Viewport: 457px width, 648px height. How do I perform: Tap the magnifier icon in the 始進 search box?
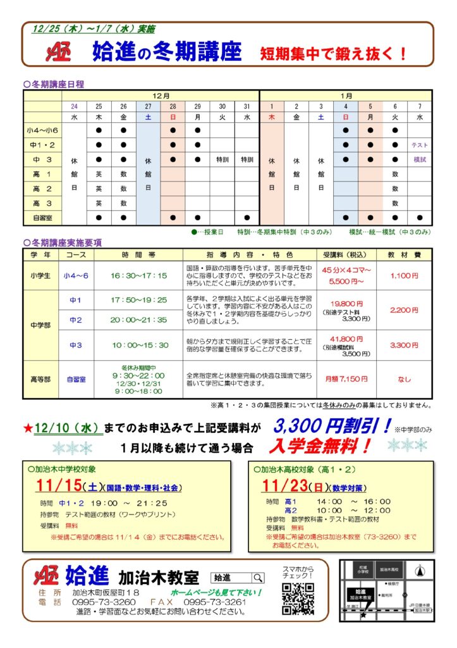click(258, 578)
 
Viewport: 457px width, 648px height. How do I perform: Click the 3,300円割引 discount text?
click(332, 427)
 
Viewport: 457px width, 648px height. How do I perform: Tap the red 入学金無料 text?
click(319, 447)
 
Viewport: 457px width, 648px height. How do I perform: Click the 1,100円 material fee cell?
click(404, 275)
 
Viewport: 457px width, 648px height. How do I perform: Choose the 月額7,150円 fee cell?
click(345, 378)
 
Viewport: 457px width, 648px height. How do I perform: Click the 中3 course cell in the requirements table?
click(76, 345)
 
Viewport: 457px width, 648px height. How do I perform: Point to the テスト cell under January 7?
click(420, 145)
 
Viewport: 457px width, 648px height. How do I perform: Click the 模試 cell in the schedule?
click(420, 159)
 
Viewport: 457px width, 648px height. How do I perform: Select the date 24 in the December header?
click(75, 106)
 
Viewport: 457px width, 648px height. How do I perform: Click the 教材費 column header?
click(404, 254)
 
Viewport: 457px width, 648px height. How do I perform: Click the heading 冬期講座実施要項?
click(66, 242)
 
